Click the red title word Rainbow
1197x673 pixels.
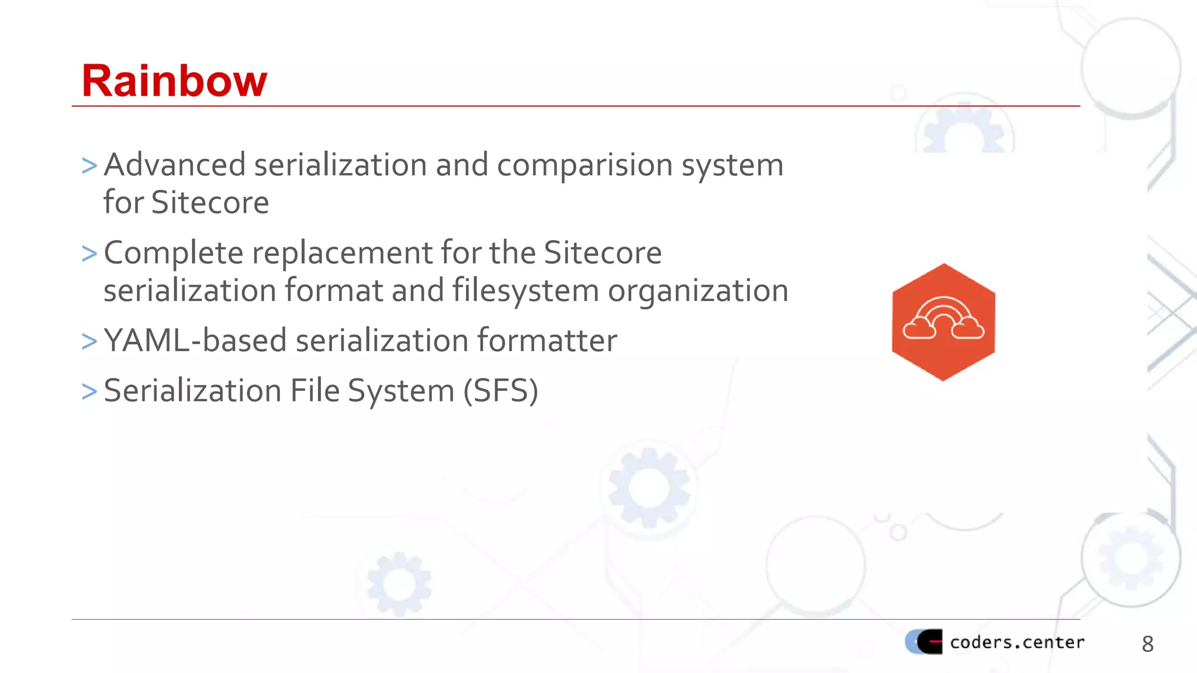[174, 81]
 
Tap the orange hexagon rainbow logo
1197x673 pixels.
[943, 322]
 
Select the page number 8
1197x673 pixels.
[1147, 644]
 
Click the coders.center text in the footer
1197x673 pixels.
[1017, 643]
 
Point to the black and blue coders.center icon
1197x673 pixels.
[924, 642]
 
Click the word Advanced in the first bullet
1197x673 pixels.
[174, 165]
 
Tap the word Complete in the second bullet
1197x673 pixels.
[174, 254]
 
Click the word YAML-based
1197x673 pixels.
[195, 341]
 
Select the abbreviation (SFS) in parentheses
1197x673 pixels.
[500, 391]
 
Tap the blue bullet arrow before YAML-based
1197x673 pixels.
[89, 341]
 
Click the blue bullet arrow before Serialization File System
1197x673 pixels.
[89, 391]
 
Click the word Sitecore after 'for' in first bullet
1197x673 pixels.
[210, 203]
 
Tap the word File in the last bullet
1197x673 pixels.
[314, 391]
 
